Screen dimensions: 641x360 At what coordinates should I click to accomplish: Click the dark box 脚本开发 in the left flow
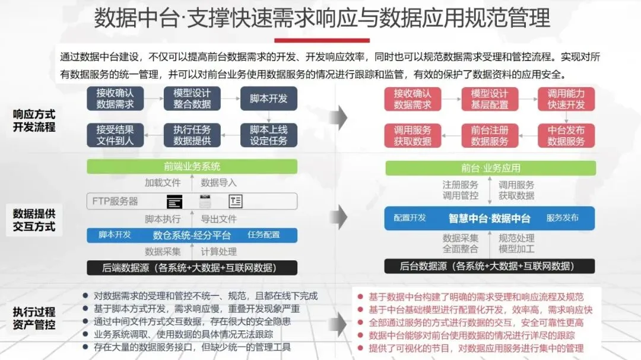pyautogui.click(x=269, y=98)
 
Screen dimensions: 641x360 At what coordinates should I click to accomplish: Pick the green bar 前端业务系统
pyautogui.click(x=192, y=166)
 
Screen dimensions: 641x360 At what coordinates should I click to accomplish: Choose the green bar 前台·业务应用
pyautogui.click(x=490, y=168)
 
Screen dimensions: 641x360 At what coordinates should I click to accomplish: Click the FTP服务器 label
pyautogui.click(x=115, y=201)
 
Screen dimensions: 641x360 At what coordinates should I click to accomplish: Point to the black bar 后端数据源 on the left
pyautogui.click(x=192, y=267)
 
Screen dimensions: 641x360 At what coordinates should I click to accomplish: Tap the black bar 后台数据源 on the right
pyautogui.click(x=490, y=266)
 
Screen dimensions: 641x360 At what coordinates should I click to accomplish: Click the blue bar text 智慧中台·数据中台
pyautogui.click(x=489, y=218)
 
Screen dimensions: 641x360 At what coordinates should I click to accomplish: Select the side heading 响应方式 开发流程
pyautogui.click(x=34, y=120)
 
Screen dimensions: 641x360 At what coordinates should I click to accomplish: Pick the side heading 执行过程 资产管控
pyautogui.click(x=34, y=318)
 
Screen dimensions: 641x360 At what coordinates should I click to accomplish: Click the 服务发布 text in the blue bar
pyautogui.click(x=562, y=218)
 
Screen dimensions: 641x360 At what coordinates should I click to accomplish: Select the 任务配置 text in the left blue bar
pyautogui.click(x=264, y=235)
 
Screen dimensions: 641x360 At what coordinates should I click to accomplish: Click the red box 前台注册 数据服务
pyautogui.click(x=490, y=135)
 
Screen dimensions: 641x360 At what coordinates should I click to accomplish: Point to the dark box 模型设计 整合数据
pyautogui.click(x=192, y=98)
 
